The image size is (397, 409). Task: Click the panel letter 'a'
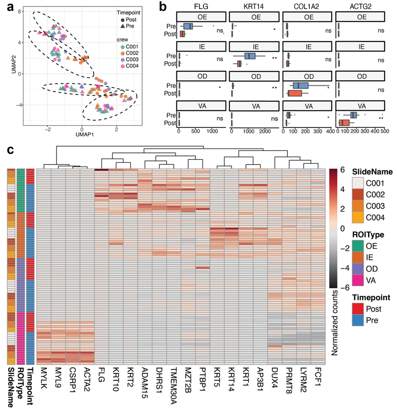(x=7, y=8)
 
